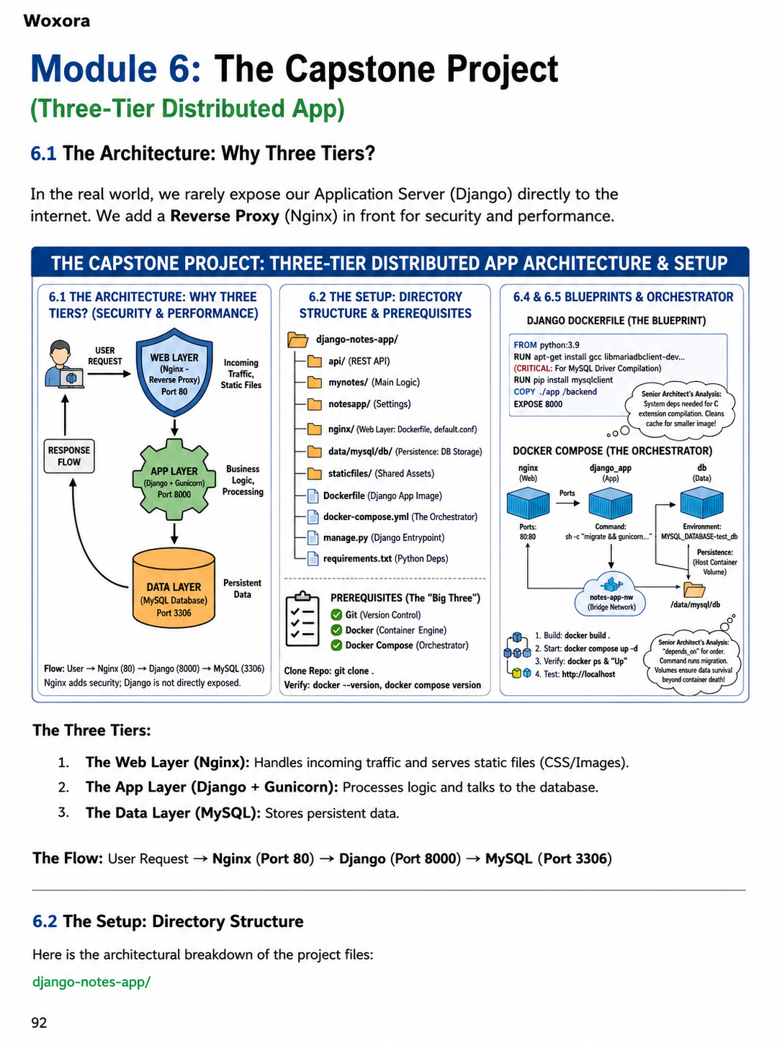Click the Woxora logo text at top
click(56, 21)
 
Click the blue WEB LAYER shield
click(174, 372)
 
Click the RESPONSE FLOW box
click(69, 456)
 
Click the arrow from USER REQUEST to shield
click(109, 374)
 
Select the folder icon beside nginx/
click(315, 429)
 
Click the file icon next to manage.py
click(313, 537)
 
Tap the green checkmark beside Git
click(337, 615)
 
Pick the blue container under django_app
click(610, 503)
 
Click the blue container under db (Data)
click(702, 503)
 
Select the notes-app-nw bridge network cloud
click(611, 596)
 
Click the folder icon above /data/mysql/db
click(694, 590)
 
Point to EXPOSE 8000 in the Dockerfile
click(538, 404)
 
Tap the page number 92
click(40, 1022)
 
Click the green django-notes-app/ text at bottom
click(91, 981)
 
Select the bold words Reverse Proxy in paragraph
click(225, 216)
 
